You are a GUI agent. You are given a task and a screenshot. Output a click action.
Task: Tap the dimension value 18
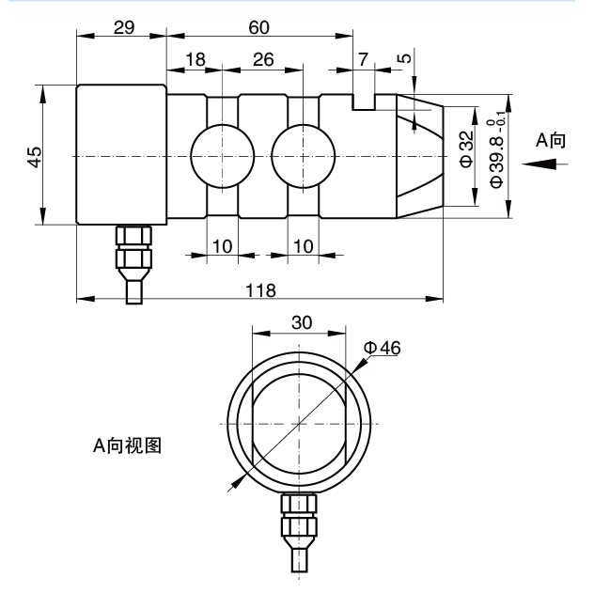[x=195, y=59]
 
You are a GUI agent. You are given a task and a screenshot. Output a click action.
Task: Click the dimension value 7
[x=363, y=59]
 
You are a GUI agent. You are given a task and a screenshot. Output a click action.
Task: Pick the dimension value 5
[x=405, y=58]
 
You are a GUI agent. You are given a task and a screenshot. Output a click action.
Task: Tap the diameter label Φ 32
[x=466, y=150]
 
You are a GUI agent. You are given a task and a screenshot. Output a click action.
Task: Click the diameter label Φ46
[x=383, y=348]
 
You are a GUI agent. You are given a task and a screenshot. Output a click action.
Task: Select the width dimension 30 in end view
[x=301, y=321]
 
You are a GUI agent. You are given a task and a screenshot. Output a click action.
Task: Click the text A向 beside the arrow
[x=552, y=140]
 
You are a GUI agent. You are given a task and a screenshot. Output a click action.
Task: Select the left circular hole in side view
[x=222, y=155]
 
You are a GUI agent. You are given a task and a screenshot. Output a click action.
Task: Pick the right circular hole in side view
[x=302, y=155]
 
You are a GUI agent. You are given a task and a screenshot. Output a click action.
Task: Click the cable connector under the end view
[x=298, y=531]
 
